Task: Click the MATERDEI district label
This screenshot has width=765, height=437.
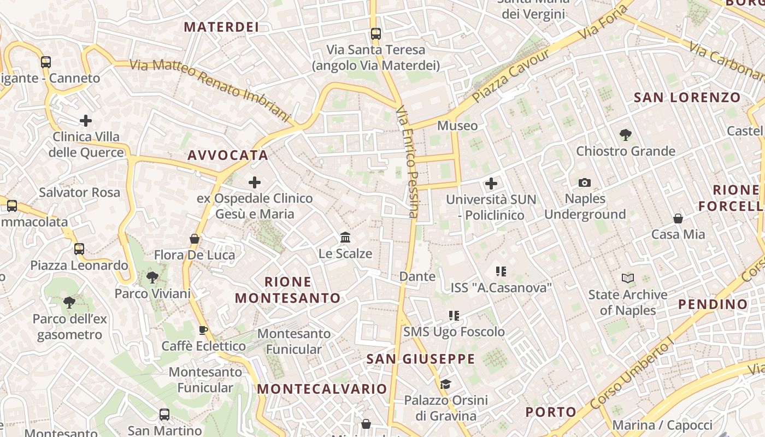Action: point(221,27)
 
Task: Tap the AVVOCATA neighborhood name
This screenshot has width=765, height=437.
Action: point(228,155)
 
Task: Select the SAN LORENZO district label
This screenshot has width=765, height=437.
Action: point(687,98)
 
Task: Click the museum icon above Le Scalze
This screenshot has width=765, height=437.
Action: point(345,238)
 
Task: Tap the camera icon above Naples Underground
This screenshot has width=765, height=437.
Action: point(585,182)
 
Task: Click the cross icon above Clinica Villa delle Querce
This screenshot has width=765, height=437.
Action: point(86,121)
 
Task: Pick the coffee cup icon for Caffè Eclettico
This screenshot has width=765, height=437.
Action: point(203,330)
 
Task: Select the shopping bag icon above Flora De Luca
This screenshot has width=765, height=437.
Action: point(194,239)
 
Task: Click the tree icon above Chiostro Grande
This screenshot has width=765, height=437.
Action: point(626,134)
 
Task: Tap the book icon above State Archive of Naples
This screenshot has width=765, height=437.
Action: point(628,279)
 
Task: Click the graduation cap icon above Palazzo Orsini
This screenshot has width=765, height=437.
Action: point(446,384)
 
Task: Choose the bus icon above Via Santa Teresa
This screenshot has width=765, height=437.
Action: point(375,34)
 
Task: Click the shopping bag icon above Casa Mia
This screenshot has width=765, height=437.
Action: point(678,218)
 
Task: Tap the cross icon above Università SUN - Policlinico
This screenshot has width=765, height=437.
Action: point(491,184)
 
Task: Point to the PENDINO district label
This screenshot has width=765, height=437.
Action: point(713,304)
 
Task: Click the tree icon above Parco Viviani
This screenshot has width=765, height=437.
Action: point(152,277)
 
